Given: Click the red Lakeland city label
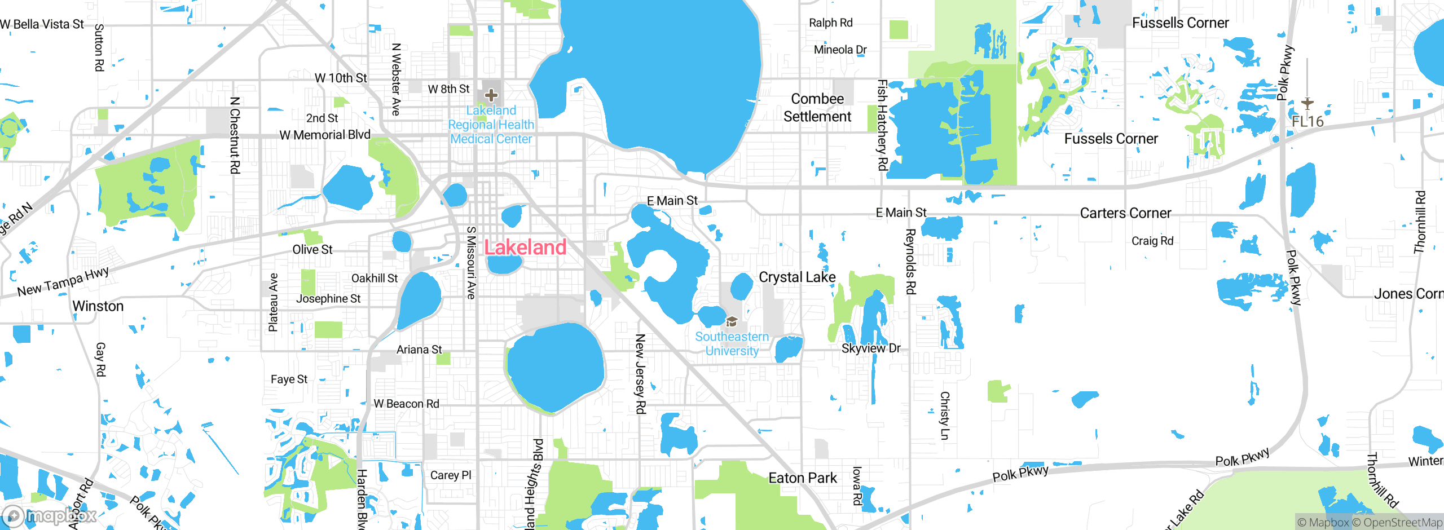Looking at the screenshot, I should pyautogui.click(x=525, y=248).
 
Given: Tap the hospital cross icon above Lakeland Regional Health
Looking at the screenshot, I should pyautogui.click(x=491, y=95).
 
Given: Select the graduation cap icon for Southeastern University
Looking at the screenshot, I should pyautogui.click(x=732, y=322).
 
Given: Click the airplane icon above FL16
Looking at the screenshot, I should pyautogui.click(x=1307, y=103).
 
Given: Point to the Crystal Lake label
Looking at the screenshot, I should pyautogui.click(x=796, y=277).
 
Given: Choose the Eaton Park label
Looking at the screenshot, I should pyautogui.click(x=802, y=478).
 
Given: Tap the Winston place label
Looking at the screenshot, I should pyautogui.click(x=98, y=306).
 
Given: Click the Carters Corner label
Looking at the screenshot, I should pyautogui.click(x=1125, y=213).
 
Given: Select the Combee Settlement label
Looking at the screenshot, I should pyautogui.click(x=817, y=108).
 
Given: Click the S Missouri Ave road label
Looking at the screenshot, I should pyautogui.click(x=472, y=262).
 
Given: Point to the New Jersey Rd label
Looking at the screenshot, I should pyautogui.click(x=640, y=374).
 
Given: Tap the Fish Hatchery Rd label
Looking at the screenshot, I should pyautogui.click(x=882, y=125).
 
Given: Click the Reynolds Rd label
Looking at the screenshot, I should pyautogui.click(x=910, y=262).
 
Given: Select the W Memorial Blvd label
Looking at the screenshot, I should pyautogui.click(x=325, y=135).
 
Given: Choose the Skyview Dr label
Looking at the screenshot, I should pyautogui.click(x=871, y=348).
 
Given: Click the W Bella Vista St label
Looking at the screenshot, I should pyautogui.click(x=42, y=24).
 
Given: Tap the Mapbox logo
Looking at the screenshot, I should pyautogui.click(x=50, y=515).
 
